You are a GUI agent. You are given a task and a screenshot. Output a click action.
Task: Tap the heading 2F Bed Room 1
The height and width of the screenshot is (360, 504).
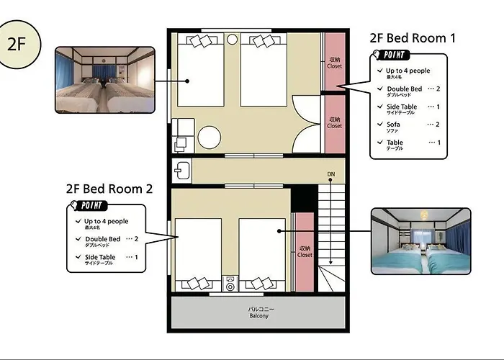(x=412, y=38)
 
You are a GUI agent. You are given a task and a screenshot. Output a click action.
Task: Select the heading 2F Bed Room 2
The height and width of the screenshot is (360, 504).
(x=109, y=189)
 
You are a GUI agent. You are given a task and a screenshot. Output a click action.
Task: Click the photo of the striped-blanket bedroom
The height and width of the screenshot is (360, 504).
(x=105, y=79)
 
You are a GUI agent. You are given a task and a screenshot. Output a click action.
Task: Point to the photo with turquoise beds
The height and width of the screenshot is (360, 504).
(x=420, y=241)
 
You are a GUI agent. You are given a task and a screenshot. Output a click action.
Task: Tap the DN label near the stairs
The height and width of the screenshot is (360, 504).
(x=330, y=175)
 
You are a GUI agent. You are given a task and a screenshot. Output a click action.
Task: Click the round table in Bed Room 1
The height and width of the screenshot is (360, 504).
(x=210, y=137)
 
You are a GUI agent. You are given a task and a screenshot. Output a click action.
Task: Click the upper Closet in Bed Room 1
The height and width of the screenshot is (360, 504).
(x=334, y=63)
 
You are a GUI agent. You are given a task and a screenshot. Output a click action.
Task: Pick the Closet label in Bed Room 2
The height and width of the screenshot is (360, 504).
(x=305, y=251)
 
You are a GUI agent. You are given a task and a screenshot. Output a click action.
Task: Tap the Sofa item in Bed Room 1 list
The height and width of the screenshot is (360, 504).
(x=394, y=125)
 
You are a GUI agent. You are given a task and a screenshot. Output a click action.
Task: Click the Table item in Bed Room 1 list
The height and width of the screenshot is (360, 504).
(x=395, y=144)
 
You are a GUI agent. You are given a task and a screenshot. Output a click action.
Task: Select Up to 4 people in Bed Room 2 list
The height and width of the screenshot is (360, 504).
(x=105, y=222)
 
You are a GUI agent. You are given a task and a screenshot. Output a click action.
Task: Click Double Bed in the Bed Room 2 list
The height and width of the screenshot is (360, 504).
(x=102, y=240)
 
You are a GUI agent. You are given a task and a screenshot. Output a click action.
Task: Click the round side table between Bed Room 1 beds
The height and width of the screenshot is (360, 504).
(x=232, y=40)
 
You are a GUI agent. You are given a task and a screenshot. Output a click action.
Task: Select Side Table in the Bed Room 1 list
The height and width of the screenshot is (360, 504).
(x=397, y=107)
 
